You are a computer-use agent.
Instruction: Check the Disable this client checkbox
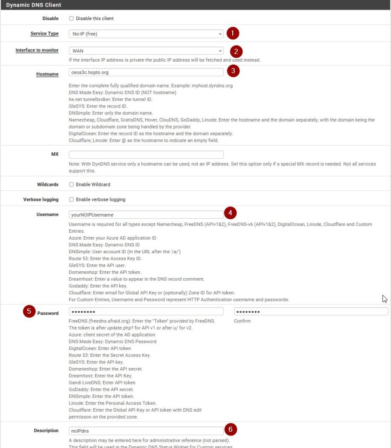71,19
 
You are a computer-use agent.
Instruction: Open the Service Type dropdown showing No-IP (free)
146,34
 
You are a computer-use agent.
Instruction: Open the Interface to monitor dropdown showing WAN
146,51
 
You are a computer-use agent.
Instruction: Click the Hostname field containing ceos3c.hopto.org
146,72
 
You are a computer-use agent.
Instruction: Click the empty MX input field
146,154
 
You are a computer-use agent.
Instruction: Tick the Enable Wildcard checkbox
71,185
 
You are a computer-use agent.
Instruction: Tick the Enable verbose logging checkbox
71,199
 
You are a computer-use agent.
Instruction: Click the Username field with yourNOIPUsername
146,214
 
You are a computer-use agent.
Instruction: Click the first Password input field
146,311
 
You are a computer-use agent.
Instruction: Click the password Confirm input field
311,311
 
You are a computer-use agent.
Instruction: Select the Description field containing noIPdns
146,430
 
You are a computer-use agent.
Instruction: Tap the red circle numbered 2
236,51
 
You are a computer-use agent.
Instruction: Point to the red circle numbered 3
234,70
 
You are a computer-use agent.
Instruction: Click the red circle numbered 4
230,213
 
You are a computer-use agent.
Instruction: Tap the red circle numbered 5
29,312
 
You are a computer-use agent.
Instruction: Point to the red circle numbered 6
230,430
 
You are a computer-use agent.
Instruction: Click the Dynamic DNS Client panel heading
34,5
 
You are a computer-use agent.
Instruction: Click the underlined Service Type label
44,34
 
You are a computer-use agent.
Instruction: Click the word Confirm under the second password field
242,321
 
